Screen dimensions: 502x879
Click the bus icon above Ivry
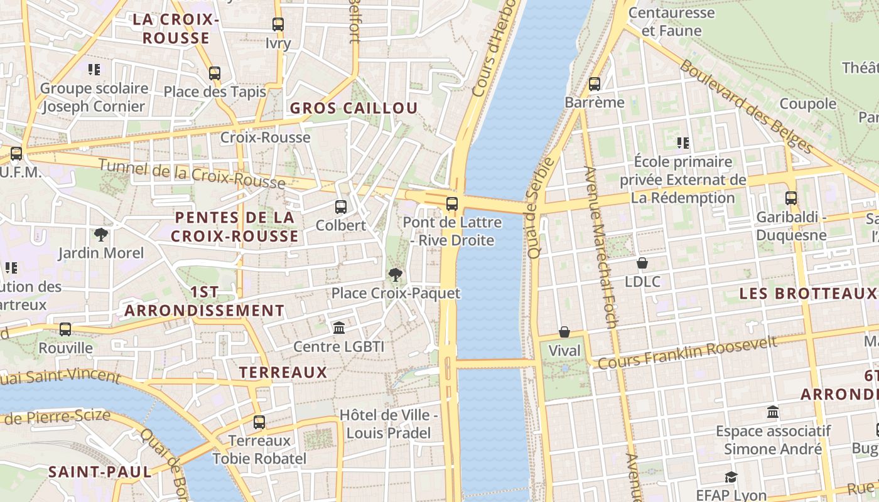click(278, 24)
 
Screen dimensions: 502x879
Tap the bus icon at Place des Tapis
click(215, 73)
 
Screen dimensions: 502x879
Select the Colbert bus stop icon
click(341, 206)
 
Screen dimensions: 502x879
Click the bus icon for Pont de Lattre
click(452, 204)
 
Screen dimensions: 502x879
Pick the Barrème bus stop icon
click(595, 83)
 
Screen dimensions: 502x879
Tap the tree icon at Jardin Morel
click(100, 235)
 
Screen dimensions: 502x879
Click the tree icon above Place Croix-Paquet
click(396, 274)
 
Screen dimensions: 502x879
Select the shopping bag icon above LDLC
click(642, 263)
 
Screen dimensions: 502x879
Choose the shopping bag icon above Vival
click(564, 332)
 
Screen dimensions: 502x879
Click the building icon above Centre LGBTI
click(339, 328)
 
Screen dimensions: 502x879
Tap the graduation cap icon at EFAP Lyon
click(731, 477)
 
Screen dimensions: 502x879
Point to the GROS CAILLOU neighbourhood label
click(353, 108)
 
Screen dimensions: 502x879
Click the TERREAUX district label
click(283, 372)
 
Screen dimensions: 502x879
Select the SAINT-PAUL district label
click(100, 472)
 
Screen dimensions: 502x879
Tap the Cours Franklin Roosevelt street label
click(688, 353)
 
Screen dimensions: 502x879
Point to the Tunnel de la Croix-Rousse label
click(192, 174)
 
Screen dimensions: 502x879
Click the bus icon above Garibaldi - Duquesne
click(791, 198)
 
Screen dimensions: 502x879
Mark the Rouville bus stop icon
click(65, 329)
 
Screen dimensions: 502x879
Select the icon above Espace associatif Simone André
click(773, 412)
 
